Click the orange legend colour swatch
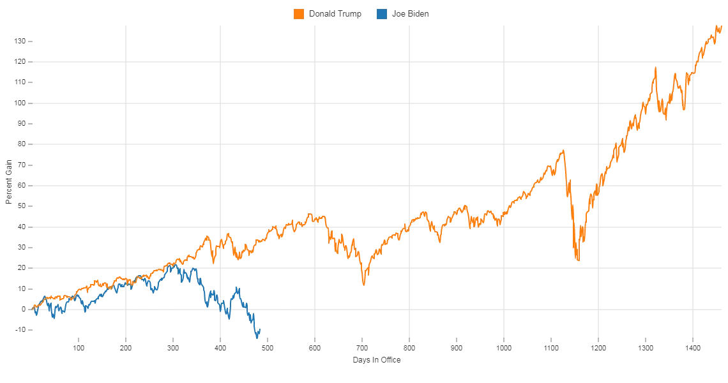pyautogui.click(x=299, y=14)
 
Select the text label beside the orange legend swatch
pyautogui.click(x=335, y=14)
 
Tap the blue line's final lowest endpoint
pyautogui.click(x=259, y=338)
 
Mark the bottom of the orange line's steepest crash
pyautogui.click(x=577, y=260)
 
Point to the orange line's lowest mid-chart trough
pyautogui.click(x=363, y=283)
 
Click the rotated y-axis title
pyautogui.click(x=11, y=181)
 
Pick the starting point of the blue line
pyautogui.click(x=34, y=313)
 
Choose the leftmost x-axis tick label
pyautogui.click(x=79, y=348)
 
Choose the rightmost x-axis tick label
pyautogui.click(x=694, y=348)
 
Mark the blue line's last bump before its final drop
pyautogui.click(x=238, y=288)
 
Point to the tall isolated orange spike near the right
pyautogui.click(x=656, y=68)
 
